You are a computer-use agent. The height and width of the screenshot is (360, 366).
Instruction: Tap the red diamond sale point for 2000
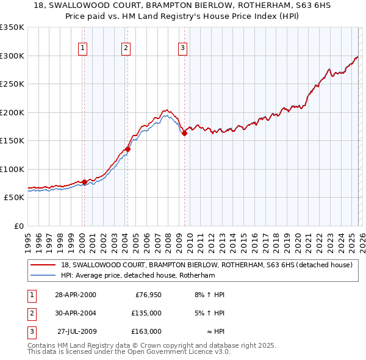tap(84, 182)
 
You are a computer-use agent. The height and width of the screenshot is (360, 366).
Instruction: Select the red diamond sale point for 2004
tap(127, 149)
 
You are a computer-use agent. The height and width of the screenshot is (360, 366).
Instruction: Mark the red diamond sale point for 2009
tap(184, 133)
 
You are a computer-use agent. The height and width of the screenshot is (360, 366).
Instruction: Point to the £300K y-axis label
tap(12, 56)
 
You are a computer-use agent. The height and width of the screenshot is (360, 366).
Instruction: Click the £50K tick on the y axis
tap(14, 198)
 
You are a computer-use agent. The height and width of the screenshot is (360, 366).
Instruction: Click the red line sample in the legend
tap(43, 265)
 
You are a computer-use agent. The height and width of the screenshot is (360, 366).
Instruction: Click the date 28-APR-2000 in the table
tap(75, 295)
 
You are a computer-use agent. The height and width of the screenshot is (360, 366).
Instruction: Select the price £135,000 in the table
tap(146, 313)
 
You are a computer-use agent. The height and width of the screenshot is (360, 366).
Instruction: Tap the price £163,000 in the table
tap(146, 331)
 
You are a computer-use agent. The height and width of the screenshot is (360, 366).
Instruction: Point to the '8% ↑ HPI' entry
tap(209, 295)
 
